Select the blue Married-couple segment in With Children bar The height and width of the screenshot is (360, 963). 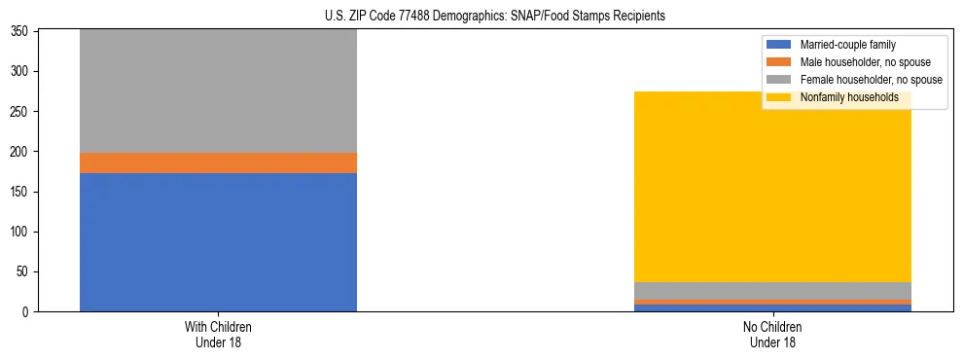pyautogui.click(x=218, y=242)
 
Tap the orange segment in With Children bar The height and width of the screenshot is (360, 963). pyautogui.click(x=218, y=162)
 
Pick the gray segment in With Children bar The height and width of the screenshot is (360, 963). pyautogui.click(x=218, y=91)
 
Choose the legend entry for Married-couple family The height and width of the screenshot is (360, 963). pyautogui.click(x=847, y=45)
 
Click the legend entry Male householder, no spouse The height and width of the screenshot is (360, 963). pyautogui.click(x=855, y=62)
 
